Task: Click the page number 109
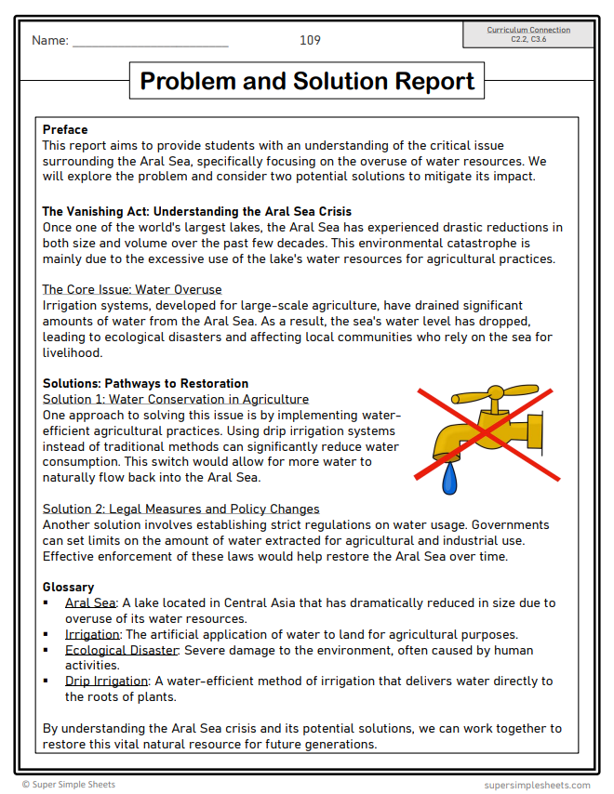[310, 40]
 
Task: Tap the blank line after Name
[150, 43]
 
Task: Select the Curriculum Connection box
[528, 35]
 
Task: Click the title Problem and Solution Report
[307, 81]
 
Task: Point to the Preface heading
[65, 129]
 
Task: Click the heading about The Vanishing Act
[196, 211]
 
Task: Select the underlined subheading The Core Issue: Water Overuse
[132, 289]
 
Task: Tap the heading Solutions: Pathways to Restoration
[145, 383]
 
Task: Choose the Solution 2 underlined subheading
[181, 509]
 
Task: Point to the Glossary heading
[68, 587]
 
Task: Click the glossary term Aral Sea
[90, 602]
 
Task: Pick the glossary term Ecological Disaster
[121, 650]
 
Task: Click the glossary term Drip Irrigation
[106, 682]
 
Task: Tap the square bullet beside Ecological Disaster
[47, 650]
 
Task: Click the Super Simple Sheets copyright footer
[69, 785]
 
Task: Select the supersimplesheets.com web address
[537, 785]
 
